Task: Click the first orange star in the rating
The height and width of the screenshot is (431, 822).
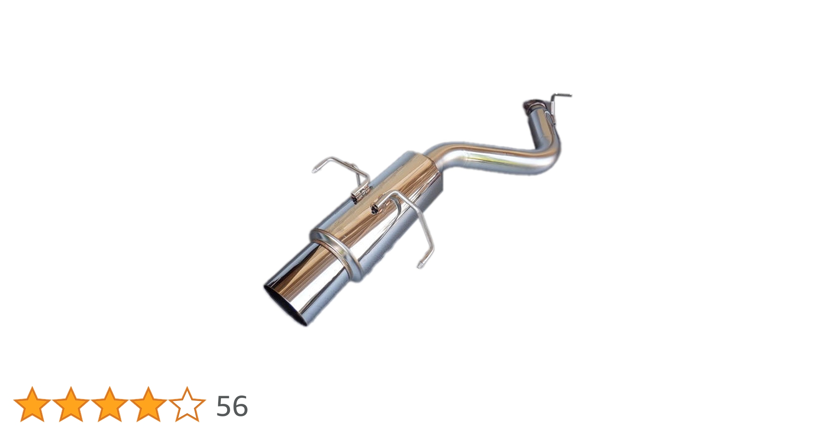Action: click(x=32, y=404)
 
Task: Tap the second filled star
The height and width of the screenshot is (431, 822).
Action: click(x=71, y=404)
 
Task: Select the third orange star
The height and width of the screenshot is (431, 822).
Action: click(x=109, y=404)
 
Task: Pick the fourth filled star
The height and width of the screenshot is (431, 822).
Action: click(x=148, y=404)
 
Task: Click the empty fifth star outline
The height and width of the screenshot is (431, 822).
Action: click(x=187, y=404)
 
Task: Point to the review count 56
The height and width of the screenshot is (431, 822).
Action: click(x=232, y=406)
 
